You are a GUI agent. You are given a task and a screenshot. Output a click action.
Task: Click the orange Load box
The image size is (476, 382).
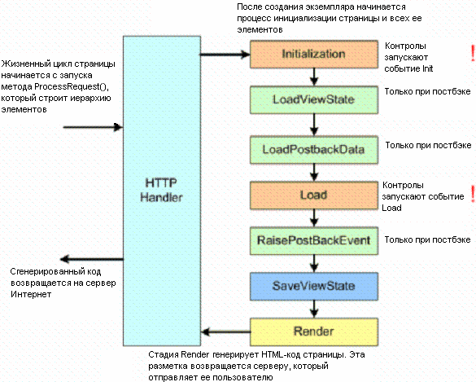click(313, 195)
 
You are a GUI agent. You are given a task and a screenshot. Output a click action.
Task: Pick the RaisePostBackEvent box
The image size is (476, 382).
click(313, 240)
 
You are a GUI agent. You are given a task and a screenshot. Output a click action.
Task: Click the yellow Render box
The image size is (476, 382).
click(313, 332)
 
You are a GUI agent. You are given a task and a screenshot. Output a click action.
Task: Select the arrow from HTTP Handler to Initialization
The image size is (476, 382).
click(223, 55)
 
